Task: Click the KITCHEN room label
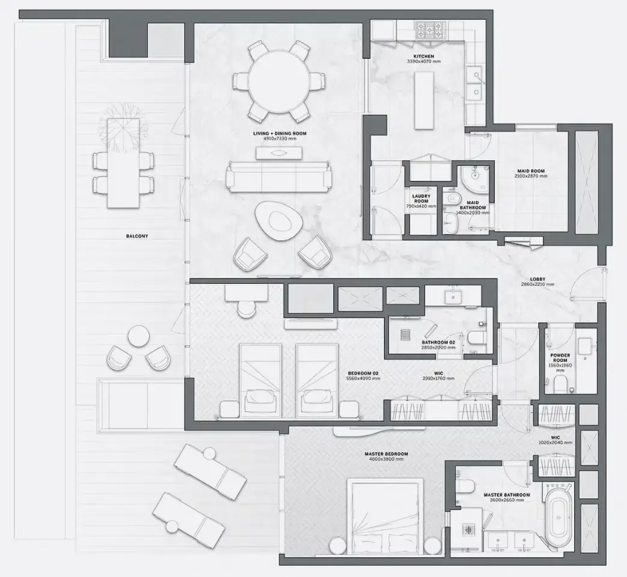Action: coord(423,56)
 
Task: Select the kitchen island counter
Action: coord(424,100)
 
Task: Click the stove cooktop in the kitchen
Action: coord(429,29)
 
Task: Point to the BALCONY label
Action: coord(138,236)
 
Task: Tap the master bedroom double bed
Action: coord(385,515)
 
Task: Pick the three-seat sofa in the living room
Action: coord(277,176)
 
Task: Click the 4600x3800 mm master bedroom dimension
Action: coord(386,459)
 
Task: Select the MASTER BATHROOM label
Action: coord(506,495)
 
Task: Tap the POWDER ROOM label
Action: coord(560,358)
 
